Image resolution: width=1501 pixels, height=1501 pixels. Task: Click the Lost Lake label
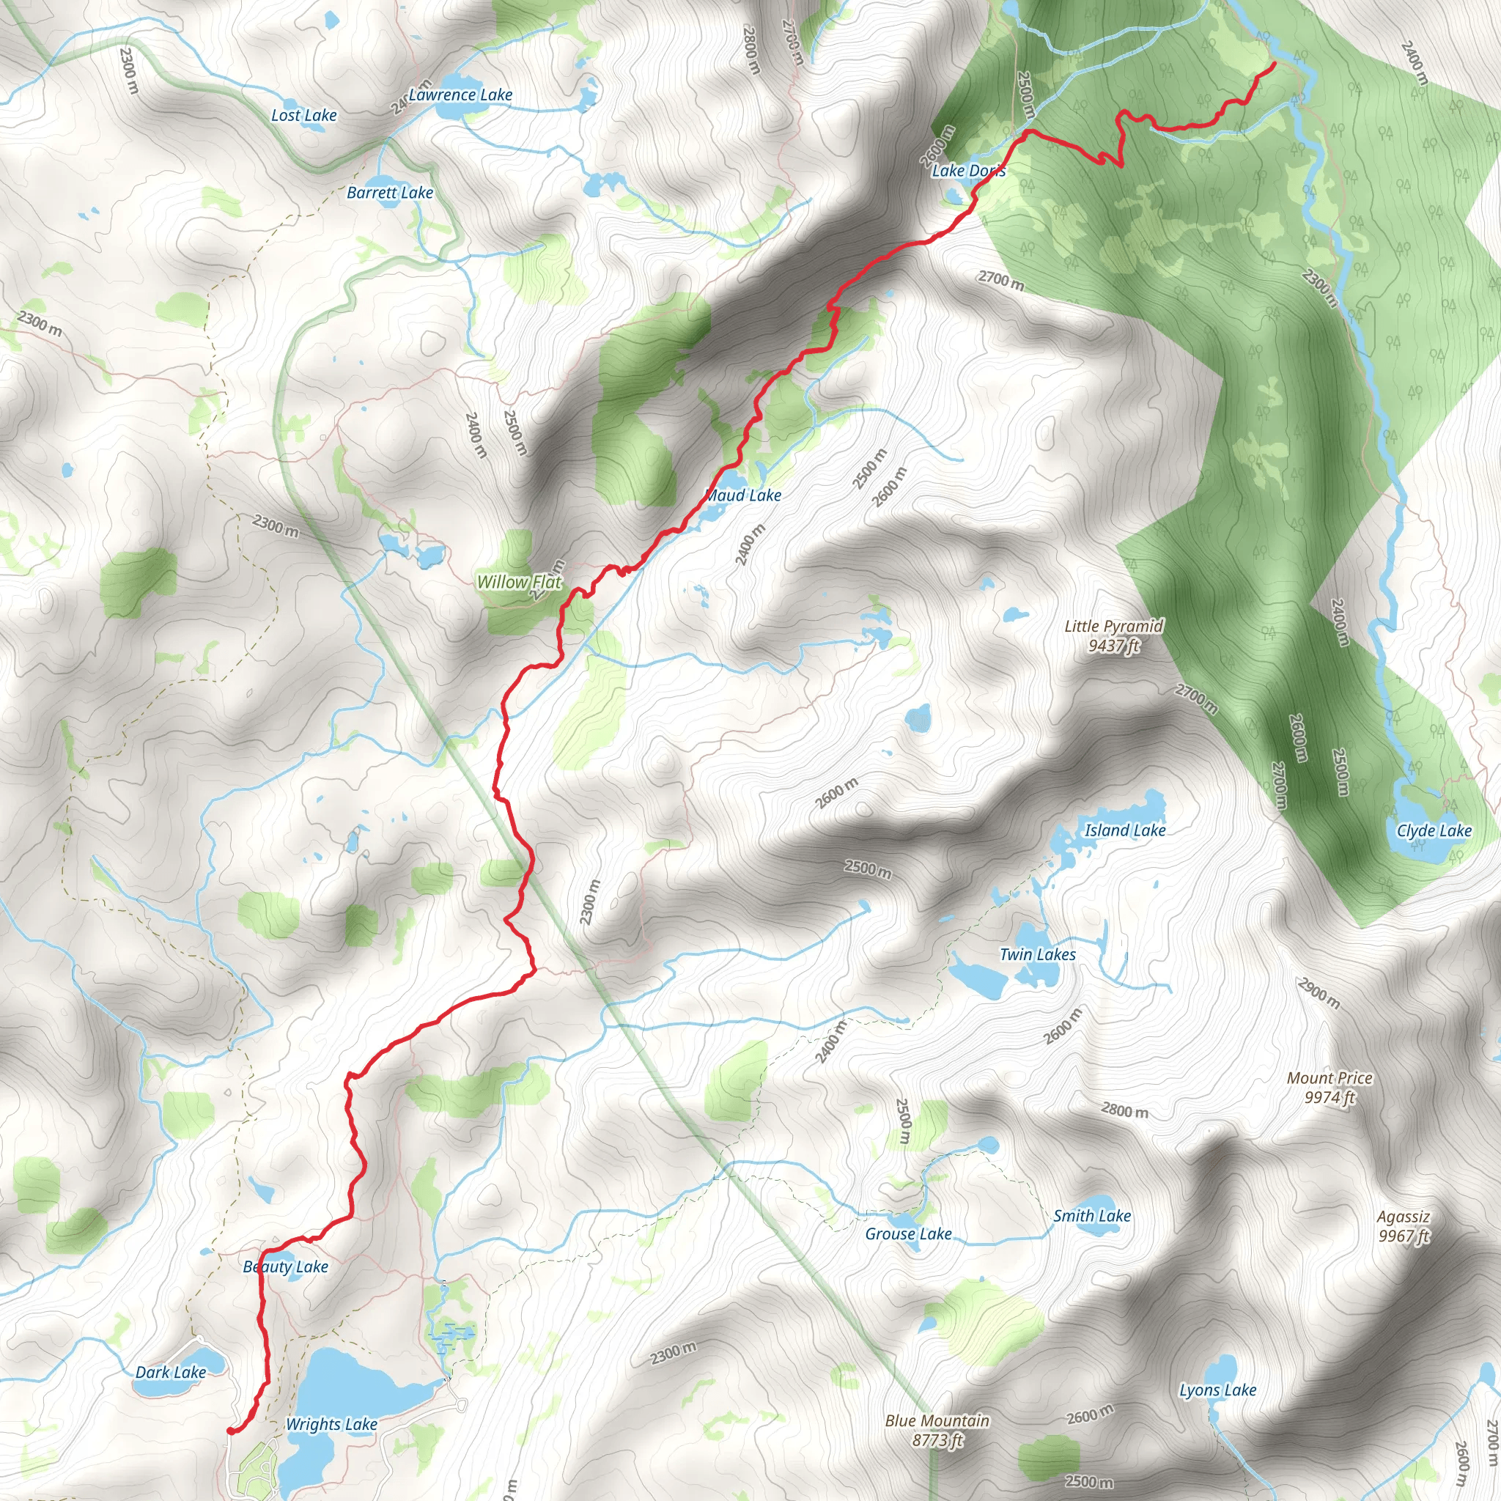(303, 116)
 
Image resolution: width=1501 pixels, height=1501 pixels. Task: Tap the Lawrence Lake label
(461, 95)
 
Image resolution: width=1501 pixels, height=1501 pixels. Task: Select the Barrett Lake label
(390, 193)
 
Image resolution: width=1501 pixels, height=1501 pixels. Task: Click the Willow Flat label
(519, 582)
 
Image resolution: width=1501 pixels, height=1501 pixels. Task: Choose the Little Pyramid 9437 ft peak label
(1114, 635)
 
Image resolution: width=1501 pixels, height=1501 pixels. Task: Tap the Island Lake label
(1125, 830)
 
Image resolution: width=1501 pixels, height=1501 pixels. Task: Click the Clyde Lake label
(1434, 830)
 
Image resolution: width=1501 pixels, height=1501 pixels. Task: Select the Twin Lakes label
(1038, 955)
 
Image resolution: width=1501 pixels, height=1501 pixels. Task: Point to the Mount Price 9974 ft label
(1330, 1088)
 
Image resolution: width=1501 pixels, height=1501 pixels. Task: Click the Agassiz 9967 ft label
(1404, 1226)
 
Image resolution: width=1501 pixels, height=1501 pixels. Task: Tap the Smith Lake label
(1092, 1216)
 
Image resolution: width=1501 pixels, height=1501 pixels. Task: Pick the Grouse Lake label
(909, 1233)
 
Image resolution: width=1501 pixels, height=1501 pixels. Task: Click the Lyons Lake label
(1218, 1390)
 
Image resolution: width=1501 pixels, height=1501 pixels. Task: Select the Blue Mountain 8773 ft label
(937, 1429)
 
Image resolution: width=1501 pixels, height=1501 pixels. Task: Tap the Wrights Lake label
(332, 1424)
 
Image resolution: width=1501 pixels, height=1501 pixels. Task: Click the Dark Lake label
(171, 1372)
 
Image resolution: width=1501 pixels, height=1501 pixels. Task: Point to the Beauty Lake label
(286, 1266)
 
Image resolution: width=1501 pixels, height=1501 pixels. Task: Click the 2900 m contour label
(1319, 993)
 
